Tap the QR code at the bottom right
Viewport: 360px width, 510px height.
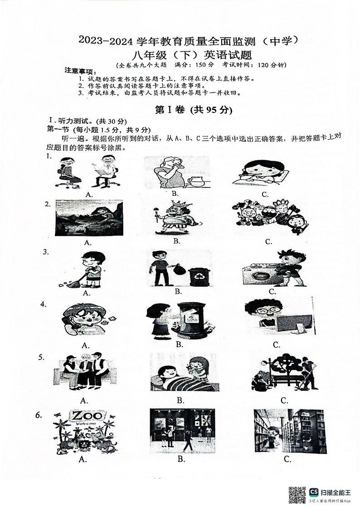coord(297,494)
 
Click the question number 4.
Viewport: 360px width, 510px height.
coord(44,304)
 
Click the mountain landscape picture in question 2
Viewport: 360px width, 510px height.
coord(89,218)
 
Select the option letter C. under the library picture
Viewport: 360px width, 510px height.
coord(287,459)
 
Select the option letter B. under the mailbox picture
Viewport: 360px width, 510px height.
coord(179,344)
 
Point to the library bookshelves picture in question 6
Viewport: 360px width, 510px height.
coord(290,431)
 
